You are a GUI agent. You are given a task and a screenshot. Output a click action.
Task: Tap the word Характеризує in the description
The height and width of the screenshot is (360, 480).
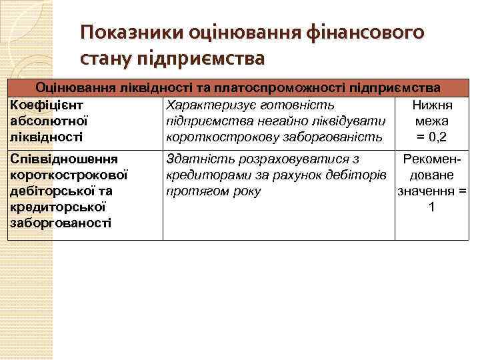(x=206, y=105)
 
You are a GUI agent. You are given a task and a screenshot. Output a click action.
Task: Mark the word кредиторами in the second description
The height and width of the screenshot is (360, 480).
(x=202, y=175)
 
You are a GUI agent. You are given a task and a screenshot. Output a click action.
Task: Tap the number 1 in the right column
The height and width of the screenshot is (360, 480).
(x=432, y=207)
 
